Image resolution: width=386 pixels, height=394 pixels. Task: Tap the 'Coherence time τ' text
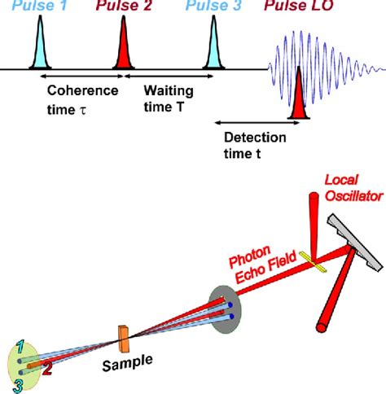82,98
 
